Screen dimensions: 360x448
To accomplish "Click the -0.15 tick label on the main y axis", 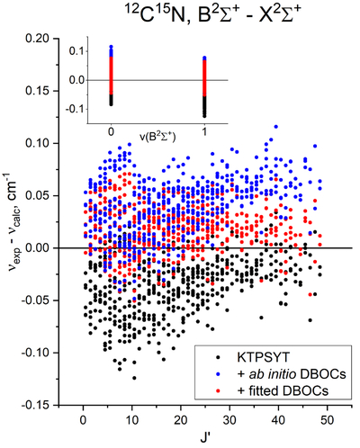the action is [x=36, y=406].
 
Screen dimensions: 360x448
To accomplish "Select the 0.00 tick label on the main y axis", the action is [x=38, y=248].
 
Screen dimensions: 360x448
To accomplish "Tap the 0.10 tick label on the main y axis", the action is [x=38, y=143].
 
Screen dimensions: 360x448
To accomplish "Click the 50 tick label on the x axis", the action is [x=328, y=420].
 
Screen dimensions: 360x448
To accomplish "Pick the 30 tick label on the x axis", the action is [x=229, y=420].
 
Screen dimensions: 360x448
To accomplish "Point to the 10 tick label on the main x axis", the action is [x=131, y=420].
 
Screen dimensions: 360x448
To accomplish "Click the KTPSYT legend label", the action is [x=264, y=357].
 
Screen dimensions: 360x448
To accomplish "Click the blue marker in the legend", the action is [x=219, y=374].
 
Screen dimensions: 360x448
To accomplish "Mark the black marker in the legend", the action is [x=219, y=357].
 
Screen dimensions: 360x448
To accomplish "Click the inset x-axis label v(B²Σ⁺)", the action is [x=157, y=137].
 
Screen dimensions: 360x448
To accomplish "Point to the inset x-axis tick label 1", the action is [x=204, y=132].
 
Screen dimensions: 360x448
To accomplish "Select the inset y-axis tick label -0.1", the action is [x=75, y=109].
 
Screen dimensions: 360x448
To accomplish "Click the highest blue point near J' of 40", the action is [x=276, y=127].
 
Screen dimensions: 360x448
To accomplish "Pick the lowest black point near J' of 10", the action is [x=134, y=378].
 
